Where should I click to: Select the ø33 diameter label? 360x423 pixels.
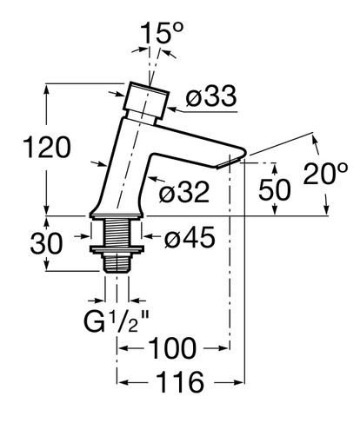pos(211,96)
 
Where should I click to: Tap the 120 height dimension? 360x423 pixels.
pos(47,148)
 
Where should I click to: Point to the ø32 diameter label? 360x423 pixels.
pos(183,192)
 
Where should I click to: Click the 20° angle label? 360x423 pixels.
pos(325,174)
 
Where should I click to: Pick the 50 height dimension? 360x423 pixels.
pos(274,189)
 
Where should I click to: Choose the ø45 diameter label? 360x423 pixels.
pos(190,237)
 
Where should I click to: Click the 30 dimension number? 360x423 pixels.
pos(46,243)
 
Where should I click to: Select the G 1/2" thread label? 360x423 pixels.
pos(117,321)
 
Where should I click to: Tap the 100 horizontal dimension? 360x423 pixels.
pos(172,348)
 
